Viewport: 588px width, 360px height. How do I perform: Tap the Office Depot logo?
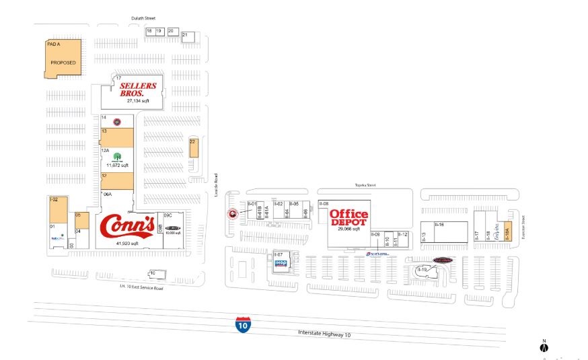pyautogui.click(x=348, y=217)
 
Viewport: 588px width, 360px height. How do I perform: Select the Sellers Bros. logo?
pyautogui.click(x=137, y=89)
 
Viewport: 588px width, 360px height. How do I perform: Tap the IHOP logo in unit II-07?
pyautogui.click(x=281, y=263)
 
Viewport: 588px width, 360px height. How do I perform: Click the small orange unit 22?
pyautogui.click(x=193, y=148)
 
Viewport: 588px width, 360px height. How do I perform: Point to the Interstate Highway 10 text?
pyautogui.click(x=324, y=334)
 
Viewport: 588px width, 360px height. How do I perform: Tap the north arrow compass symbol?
pyautogui.click(x=544, y=347)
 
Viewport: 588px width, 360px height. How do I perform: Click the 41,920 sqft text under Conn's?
pyautogui.click(x=126, y=243)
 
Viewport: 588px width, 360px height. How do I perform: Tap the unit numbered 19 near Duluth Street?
pyautogui.click(x=159, y=31)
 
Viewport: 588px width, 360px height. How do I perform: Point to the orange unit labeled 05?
pyautogui.click(x=81, y=220)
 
